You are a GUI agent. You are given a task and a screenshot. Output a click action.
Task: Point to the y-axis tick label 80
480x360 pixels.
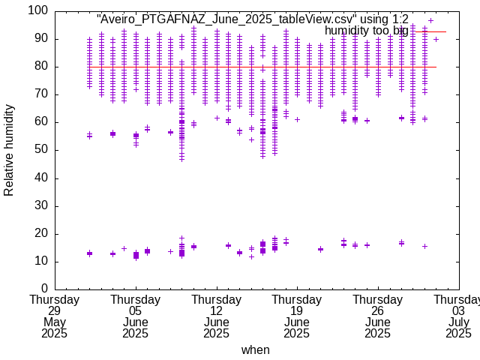click(40, 67)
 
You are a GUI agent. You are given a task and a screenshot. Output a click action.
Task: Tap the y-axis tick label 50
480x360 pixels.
click(40, 150)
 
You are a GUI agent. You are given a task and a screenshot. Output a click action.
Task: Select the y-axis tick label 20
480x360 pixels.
click(40, 233)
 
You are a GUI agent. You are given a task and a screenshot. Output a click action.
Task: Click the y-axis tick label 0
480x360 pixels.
click(44, 289)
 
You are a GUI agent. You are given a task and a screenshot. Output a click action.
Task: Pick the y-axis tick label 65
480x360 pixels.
click(40, 108)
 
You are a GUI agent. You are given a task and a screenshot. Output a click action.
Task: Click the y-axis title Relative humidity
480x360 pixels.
click(9, 150)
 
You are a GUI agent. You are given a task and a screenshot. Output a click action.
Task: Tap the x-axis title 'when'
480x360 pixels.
click(255, 350)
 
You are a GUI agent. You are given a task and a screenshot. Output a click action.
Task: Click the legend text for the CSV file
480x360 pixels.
click(253, 19)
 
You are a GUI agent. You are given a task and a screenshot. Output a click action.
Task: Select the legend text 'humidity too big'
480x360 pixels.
click(367, 31)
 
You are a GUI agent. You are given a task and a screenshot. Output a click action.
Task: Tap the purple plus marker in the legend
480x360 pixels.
click(430, 20)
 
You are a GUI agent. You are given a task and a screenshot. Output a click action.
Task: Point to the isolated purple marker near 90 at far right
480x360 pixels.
click(436, 39)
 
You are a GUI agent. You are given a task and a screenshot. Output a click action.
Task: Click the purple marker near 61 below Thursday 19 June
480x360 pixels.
click(297, 119)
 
